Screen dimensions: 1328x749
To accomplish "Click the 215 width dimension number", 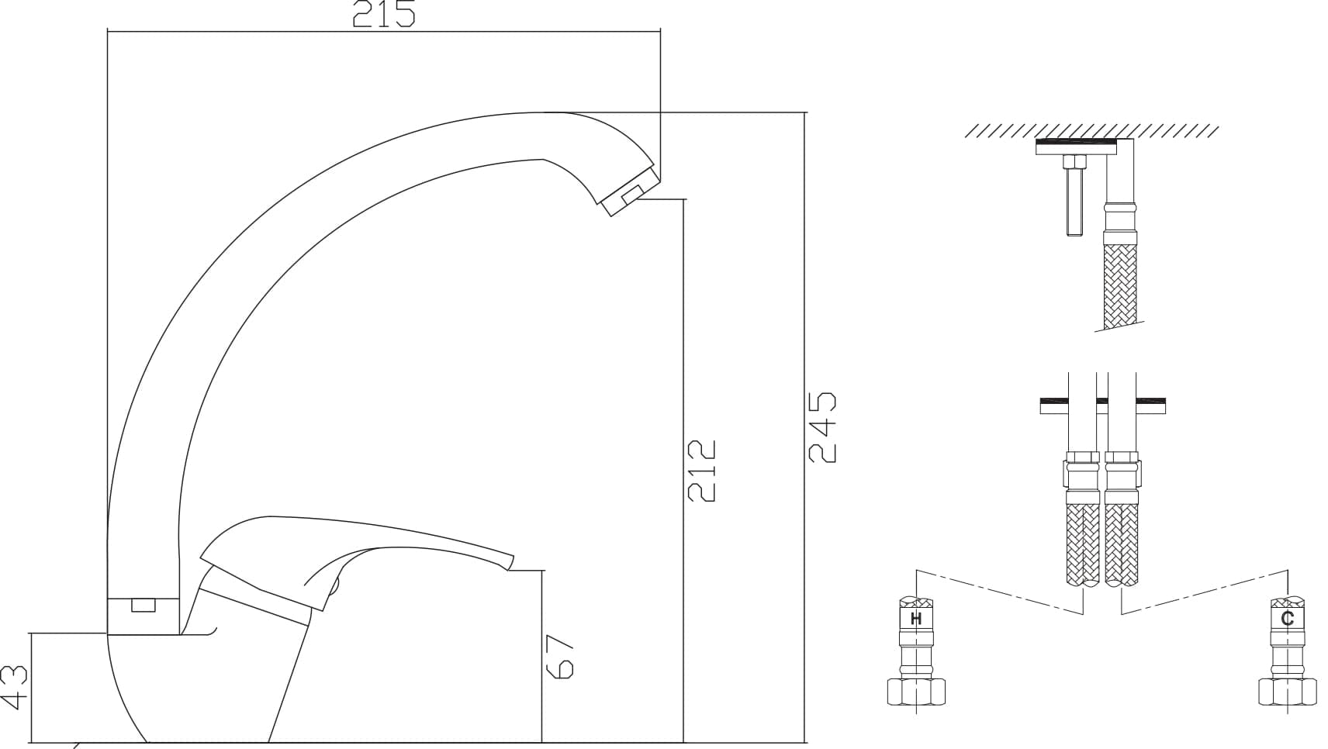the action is [384, 14].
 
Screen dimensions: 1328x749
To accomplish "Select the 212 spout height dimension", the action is [702, 471].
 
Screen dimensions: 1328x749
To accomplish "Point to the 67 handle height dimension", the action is [559, 658].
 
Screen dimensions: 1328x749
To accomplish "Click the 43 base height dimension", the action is [14, 688].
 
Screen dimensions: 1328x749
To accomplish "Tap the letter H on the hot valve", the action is [916, 620].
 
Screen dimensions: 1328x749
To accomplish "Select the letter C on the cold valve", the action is [1287, 619].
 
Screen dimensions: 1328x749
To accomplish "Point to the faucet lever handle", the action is [356, 557].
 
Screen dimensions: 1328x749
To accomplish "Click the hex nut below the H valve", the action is [916, 692].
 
